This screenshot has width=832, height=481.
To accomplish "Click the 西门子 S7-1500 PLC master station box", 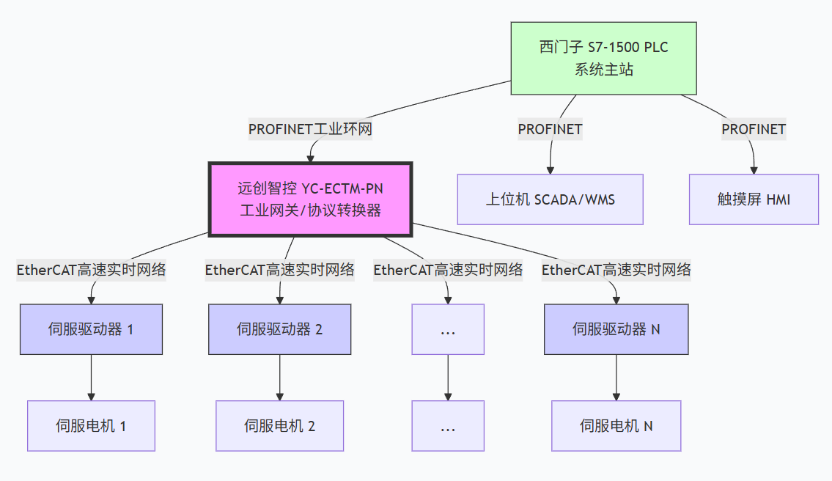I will (x=603, y=59).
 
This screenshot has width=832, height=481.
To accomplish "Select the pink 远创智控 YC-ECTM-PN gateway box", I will (x=310, y=199).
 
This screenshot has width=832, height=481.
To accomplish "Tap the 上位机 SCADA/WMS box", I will (x=550, y=199).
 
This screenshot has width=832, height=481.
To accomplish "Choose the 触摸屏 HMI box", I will (x=754, y=199).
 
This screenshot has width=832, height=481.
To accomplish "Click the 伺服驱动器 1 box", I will (x=91, y=329).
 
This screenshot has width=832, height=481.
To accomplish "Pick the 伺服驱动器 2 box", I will (x=280, y=329).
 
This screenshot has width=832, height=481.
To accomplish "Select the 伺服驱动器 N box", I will (x=616, y=329).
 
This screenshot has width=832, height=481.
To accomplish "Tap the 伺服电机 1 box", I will (x=91, y=426).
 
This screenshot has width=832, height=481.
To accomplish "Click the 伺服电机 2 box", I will (x=280, y=426).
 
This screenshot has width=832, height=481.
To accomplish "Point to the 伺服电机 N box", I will (x=616, y=426).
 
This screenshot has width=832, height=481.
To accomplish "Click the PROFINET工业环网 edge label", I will (x=310, y=129).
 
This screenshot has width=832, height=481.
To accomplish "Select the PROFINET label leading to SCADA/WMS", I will (x=550, y=129).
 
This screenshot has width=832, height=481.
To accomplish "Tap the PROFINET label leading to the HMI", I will (x=754, y=129).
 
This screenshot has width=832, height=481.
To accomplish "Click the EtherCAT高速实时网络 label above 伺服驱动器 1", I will (x=91, y=270).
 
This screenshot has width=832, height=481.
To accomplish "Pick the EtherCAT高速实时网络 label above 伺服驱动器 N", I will (x=616, y=270).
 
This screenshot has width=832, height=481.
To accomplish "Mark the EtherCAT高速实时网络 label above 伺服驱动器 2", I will (x=280, y=270).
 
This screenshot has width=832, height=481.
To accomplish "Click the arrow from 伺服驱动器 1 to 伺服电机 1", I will (x=91, y=378).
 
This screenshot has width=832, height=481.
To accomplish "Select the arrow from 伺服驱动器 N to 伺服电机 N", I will (x=616, y=378).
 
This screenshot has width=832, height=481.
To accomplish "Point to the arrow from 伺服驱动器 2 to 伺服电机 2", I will (x=280, y=378).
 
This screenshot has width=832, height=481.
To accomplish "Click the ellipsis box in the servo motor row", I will (x=448, y=426).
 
